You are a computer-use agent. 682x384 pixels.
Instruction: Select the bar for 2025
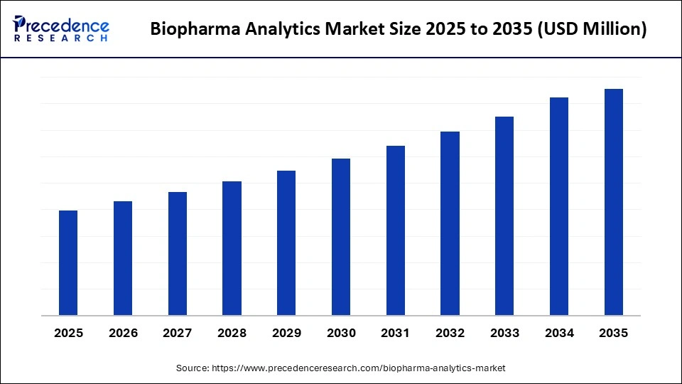click(x=68, y=263)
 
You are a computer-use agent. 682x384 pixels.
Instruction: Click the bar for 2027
click(x=178, y=254)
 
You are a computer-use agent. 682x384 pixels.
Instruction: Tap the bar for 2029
click(x=286, y=243)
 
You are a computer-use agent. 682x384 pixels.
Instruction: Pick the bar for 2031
click(x=396, y=230)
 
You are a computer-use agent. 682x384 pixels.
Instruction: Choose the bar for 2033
click(x=504, y=216)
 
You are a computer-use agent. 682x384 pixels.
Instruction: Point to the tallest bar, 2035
click(x=614, y=202)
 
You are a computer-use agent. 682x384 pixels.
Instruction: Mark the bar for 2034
click(x=559, y=206)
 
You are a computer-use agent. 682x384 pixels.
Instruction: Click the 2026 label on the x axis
click(x=123, y=333)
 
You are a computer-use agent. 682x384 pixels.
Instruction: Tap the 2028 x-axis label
click(x=232, y=333)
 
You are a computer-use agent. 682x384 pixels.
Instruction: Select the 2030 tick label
click(x=341, y=333)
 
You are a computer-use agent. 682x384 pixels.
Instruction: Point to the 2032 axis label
click(x=450, y=333)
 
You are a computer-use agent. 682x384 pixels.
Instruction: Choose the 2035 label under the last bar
click(x=614, y=333)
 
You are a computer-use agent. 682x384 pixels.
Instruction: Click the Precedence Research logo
click(x=61, y=29)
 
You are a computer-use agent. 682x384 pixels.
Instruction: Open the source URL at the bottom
click(x=358, y=368)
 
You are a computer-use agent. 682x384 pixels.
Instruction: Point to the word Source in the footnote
click(x=192, y=368)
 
